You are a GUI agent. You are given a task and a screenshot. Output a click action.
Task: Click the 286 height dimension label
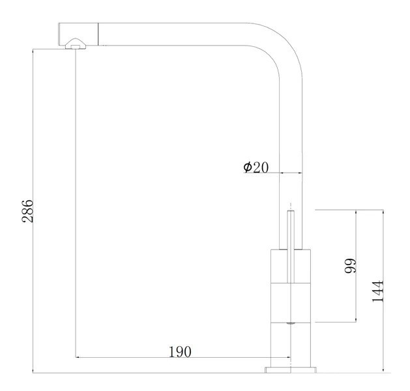[x=27, y=211]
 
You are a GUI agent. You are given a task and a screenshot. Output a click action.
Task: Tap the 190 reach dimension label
[x=180, y=351]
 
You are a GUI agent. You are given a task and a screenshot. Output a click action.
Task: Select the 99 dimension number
[x=350, y=265]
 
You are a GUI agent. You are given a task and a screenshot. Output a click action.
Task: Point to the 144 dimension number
[x=378, y=292]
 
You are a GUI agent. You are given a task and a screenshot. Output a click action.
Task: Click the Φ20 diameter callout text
[x=256, y=167]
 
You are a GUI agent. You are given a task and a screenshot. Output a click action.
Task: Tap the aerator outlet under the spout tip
[x=76, y=44]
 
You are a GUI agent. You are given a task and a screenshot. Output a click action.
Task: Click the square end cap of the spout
[x=78, y=34]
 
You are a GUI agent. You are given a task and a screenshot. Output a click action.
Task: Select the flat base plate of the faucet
[x=291, y=369]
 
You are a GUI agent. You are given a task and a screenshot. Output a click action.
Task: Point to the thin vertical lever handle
[x=291, y=246]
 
